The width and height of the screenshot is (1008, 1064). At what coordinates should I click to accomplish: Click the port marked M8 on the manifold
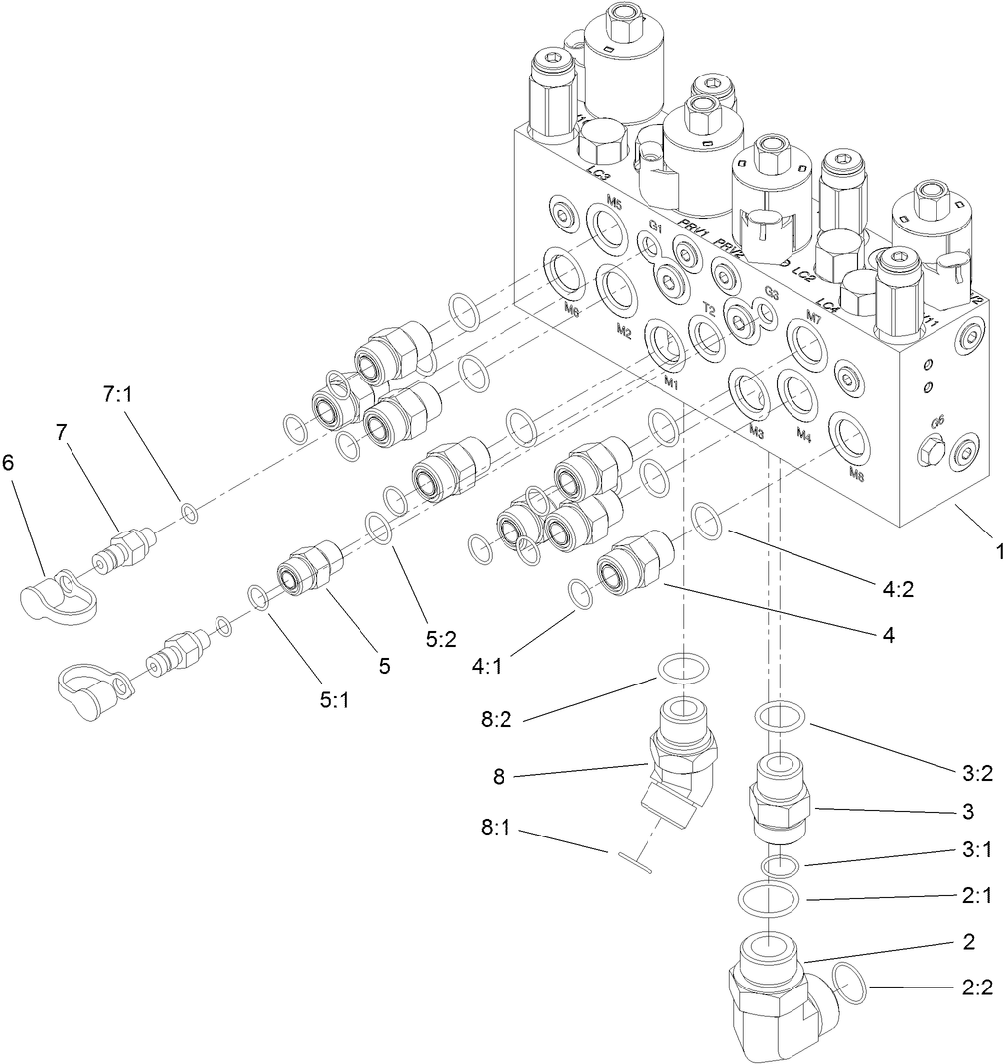point(856,474)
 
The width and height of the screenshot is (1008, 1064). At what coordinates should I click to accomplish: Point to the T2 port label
point(709,310)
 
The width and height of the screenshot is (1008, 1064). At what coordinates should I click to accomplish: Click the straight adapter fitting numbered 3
point(780,792)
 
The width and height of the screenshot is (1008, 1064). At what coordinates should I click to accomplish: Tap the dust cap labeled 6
point(57,595)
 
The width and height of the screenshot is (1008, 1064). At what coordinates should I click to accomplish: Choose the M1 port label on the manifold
point(671,381)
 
